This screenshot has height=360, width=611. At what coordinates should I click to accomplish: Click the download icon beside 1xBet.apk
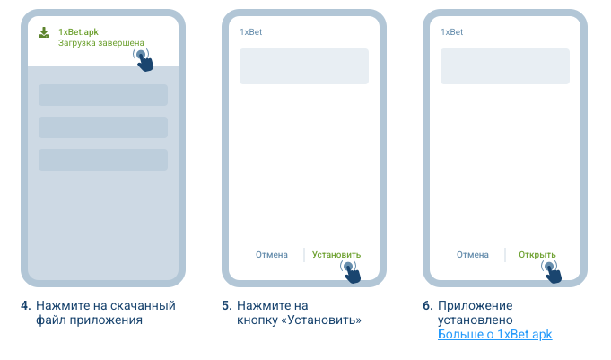[44, 32]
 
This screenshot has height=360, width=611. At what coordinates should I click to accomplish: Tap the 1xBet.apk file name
[78, 32]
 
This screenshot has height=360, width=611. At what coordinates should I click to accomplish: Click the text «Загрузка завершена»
[101, 43]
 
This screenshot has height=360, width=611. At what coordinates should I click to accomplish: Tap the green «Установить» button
[336, 255]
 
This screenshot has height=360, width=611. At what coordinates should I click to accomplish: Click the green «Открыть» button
[537, 255]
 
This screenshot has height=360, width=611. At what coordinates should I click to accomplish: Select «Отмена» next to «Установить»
[272, 255]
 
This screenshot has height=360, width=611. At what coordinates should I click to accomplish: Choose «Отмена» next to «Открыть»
[473, 255]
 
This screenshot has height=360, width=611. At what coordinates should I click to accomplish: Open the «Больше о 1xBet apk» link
[495, 334]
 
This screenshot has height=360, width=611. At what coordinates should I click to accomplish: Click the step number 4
[26, 305]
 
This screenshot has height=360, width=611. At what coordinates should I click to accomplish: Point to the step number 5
[227, 305]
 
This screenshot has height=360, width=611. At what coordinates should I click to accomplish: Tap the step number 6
[428, 305]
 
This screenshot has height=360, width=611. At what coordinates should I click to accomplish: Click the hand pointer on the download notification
[144, 60]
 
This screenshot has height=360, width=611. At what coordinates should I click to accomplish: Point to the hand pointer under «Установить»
[351, 272]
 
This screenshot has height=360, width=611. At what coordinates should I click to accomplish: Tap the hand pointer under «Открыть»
[552, 272]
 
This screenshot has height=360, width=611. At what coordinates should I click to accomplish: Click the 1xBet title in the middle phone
[251, 32]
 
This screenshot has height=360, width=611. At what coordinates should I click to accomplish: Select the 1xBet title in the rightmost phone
[452, 32]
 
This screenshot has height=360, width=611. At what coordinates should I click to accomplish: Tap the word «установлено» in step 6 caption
[475, 320]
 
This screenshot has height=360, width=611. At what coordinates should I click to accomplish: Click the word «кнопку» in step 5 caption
[257, 320]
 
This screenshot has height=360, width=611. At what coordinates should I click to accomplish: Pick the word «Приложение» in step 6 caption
[475, 306]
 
